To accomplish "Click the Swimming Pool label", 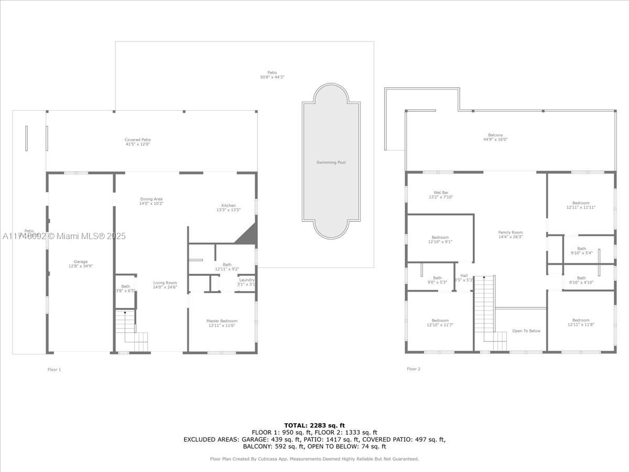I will (x=331, y=163).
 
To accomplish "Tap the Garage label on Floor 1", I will (x=80, y=262).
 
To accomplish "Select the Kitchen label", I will (x=228, y=206).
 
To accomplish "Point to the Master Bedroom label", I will (x=221, y=321).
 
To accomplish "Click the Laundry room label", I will (x=246, y=280).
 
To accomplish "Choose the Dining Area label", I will (x=151, y=199).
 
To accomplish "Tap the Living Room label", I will (x=165, y=283).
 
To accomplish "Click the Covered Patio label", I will (x=137, y=140).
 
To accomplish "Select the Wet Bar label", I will (x=440, y=192).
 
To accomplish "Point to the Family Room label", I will (x=510, y=232).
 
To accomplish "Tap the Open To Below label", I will (x=526, y=331).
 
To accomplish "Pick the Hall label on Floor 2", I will (x=463, y=275).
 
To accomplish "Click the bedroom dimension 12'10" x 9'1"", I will (x=440, y=242).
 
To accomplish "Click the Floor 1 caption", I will (x=54, y=370).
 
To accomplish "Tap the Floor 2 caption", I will (x=413, y=369).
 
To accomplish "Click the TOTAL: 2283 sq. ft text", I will (x=314, y=425).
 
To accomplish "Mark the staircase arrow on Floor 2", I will (x=484, y=277).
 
